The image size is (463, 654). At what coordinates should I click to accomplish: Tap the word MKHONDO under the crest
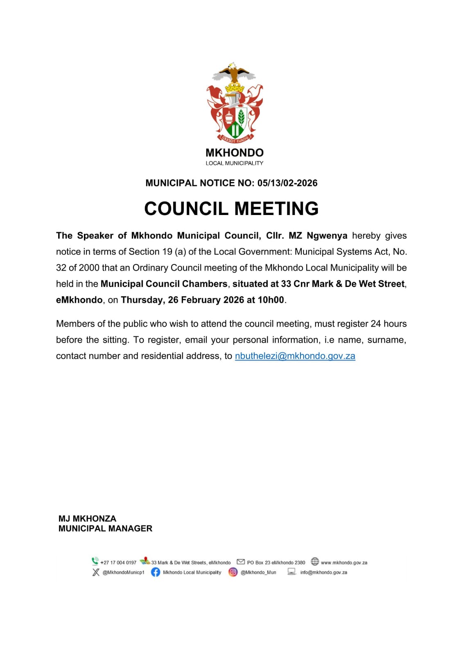pos(235,153)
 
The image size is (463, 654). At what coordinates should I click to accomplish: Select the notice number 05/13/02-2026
pos(287,183)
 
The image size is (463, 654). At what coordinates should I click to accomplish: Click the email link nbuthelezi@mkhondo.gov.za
pos(295,356)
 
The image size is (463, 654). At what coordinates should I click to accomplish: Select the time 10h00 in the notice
pos(271,300)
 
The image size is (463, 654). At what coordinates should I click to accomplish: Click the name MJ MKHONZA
pos(87,519)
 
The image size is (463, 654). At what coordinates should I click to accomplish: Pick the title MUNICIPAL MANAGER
pos(105,529)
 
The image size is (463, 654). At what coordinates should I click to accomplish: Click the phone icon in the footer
pos(95,561)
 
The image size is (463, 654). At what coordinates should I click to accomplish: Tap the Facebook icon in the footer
pos(156,572)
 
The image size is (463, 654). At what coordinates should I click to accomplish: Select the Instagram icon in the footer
pos(233,572)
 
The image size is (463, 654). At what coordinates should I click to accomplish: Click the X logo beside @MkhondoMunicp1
pos(96,572)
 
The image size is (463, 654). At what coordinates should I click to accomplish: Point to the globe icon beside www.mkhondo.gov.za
pos(315,561)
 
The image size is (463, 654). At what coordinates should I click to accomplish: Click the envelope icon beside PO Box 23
pos(241,562)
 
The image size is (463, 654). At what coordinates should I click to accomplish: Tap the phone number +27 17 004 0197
pos(118,563)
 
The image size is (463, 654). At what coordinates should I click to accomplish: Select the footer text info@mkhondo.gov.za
pos(323,573)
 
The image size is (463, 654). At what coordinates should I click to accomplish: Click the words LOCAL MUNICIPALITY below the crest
pos(235,163)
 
